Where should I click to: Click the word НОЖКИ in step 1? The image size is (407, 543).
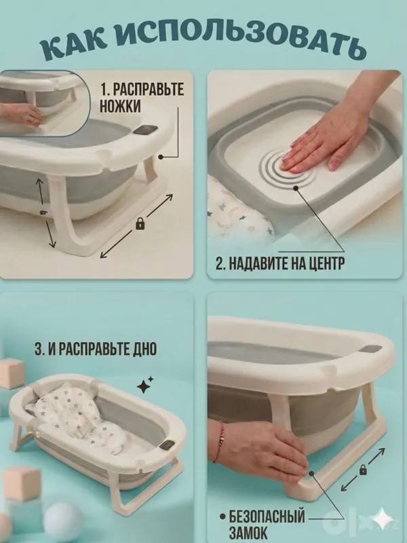pyautogui.click(x=120, y=105)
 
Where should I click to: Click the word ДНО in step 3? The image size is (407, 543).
pyautogui.click(x=144, y=349)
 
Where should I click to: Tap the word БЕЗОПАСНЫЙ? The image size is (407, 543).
pyautogui.click(x=267, y=517)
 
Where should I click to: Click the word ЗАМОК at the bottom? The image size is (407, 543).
pyautogui.click(x=248, y=532)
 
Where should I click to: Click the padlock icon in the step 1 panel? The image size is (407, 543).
pyautogui.click(x=140, y=224)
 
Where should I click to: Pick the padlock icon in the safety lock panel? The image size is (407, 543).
pyautogui.click(x=363, y=470)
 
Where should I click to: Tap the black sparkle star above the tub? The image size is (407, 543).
pyautogui.click(x=144, y=385)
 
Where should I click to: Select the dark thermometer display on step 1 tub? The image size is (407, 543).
pyautogui.click(x=145, y=130)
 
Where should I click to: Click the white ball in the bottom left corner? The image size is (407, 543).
pyautogui.click(x=64, y=521)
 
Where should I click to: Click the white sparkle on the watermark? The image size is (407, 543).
pyautogui.click(x=382, y=519)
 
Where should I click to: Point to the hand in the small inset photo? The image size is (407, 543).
pyautogui.click(x=22, y=114)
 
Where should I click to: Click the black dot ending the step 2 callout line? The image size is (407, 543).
pyautogui.click(x=296, y=188)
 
